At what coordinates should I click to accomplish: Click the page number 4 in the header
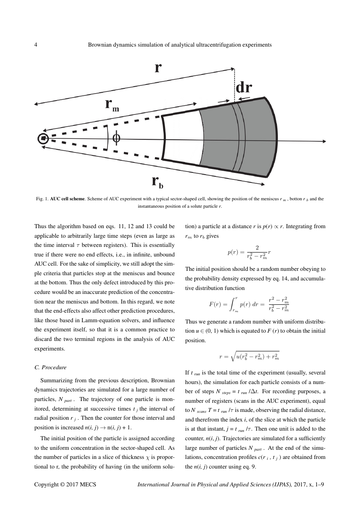click(36, 44)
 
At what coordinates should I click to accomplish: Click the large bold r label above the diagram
click(158, 68)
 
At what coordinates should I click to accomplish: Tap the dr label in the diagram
click(244, 88)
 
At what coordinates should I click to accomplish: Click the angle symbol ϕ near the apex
click(116, 138)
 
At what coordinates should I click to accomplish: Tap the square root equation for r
click(249, 357)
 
